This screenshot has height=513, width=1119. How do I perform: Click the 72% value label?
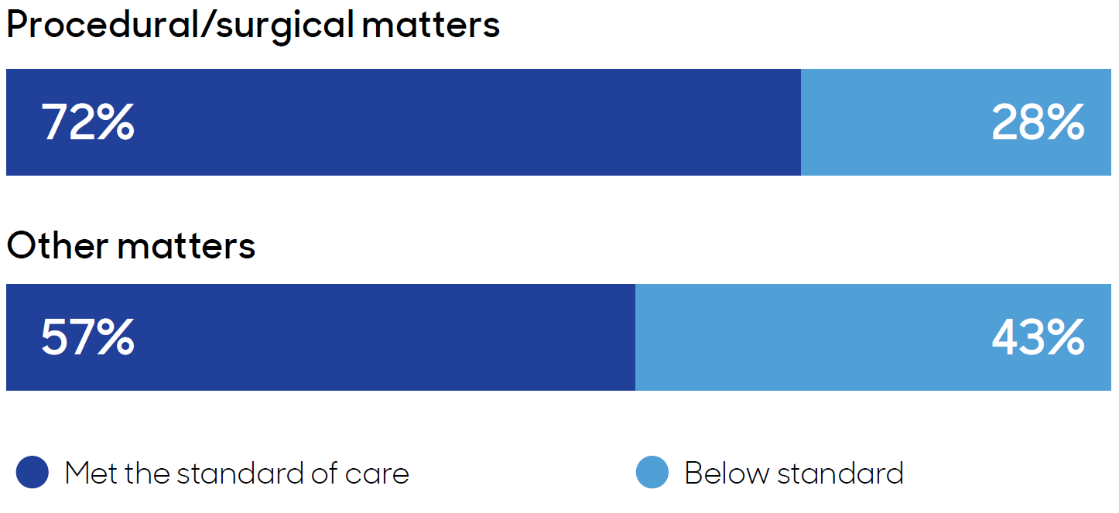tap(87, 123)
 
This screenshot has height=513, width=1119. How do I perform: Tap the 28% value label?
tap(1038, 123)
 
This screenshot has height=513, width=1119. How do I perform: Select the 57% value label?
tap(87, 338)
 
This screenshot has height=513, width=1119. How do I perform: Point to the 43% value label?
tap(1038, 338)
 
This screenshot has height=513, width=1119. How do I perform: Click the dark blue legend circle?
tap(33, 473)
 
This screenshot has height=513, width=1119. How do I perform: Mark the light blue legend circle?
tap(652, 473)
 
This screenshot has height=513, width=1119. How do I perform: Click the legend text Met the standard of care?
tap(237, 473)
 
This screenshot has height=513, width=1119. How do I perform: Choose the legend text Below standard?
tap(794, 473)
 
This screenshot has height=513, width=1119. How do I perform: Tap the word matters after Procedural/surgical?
tap(431, 25)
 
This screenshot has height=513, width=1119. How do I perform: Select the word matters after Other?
tap(186, 246)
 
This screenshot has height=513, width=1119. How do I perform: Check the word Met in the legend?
tap(91, 473)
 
